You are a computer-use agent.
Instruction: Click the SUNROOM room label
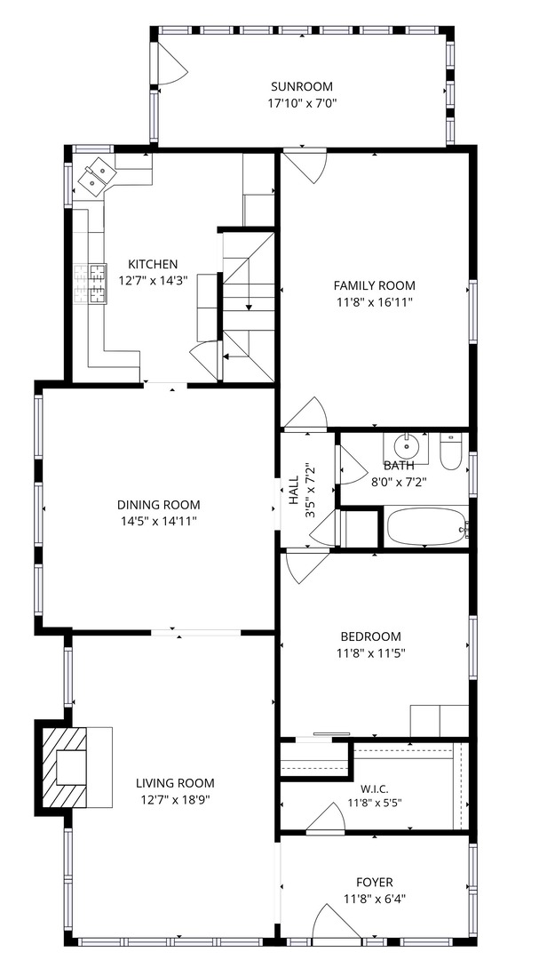pos(302,86)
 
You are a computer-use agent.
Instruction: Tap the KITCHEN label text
pos(153,265)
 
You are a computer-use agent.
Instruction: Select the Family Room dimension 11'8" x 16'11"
pos(374,301)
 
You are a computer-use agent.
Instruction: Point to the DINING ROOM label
pos(158,505)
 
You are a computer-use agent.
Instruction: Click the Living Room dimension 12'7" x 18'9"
pos(175,799)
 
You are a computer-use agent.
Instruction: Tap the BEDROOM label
pos(369,636)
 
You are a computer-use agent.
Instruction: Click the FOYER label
pos(375,883)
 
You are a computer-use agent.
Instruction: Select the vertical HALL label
pos(294,490)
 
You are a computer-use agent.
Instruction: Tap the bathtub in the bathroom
pos(426,526)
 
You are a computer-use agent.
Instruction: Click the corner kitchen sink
pos(98,174)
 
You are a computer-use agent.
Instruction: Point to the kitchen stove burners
pos(91,284)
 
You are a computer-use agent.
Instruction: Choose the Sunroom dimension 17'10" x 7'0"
pos(302,102)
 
